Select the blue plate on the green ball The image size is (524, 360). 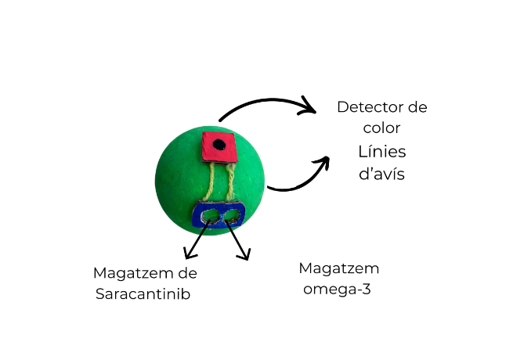[x=219, y=215]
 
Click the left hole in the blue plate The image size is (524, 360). [x=210, y=216]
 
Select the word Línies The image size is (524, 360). [x=381, y=152]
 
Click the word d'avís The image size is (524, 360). [x=381, y=174]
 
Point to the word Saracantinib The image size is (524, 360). [x=143, y=294]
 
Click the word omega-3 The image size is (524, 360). [x=338, y=289]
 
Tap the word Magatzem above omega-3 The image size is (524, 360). [x=338, y=268]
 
